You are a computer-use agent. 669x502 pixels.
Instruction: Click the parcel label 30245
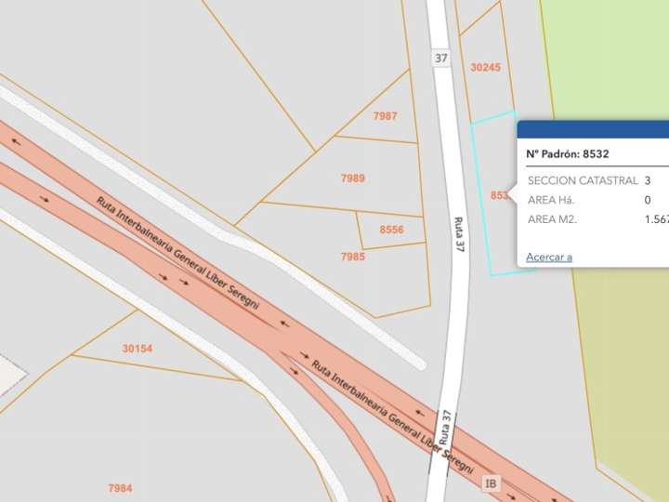click(x=485, y=67)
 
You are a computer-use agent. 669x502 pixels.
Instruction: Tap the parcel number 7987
click(x=385, y=116)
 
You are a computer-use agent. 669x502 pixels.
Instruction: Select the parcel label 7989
click(x=353, y=178)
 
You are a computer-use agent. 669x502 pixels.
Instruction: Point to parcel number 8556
click(x=392, y=229)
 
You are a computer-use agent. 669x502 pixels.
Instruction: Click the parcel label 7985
click(x=353, y=256)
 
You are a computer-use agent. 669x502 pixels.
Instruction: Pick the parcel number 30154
click(x=138, y=349)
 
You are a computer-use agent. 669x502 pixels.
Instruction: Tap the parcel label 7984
click(x=120, y=488)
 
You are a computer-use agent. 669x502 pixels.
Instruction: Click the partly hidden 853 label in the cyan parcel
click(x=500, y=195)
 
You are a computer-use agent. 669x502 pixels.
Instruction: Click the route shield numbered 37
click(x=441, y=58)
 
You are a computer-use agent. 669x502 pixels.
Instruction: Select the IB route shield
click(x=492, y=482)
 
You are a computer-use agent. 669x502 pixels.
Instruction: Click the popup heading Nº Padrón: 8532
click(x=567, y=154)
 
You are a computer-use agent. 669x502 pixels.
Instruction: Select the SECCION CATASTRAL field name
click(x=583, y=180)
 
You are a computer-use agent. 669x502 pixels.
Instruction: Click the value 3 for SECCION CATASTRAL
click(x=647, y=180)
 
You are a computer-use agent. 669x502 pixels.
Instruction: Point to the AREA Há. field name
click(x=552, y=200)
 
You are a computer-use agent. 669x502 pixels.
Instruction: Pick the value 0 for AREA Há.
click(x=647, y=200)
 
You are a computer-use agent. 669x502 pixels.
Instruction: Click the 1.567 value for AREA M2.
click(x=656, y=219)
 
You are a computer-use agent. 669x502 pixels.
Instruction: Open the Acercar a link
click(x=549, y=257)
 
